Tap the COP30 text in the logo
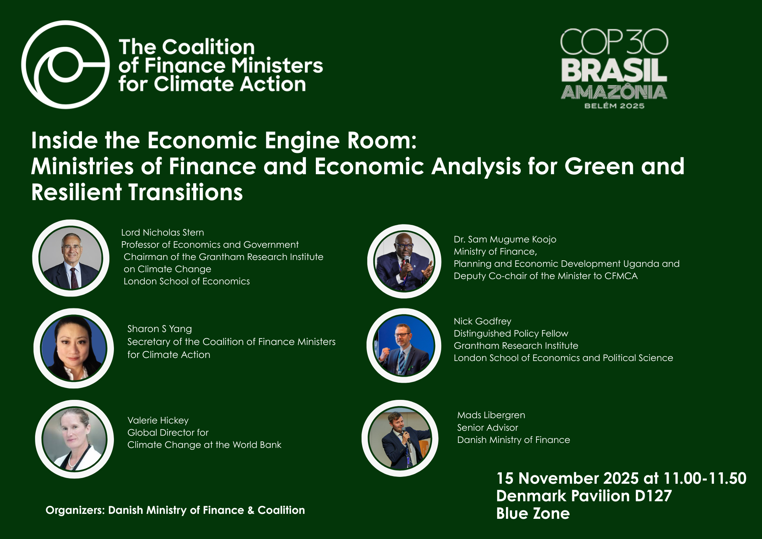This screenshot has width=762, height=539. pos(614,42)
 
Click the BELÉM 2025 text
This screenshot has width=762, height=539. pos(614,106)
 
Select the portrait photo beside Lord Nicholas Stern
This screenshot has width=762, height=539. pos(71,258)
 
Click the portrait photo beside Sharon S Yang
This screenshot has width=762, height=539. pos(74,348)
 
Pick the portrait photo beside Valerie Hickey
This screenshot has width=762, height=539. pos(74,439)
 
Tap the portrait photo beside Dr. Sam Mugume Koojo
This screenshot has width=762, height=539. pos(404,261)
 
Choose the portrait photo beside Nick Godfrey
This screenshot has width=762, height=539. pos(404,345)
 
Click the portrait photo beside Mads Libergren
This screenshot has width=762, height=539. pos(400,438)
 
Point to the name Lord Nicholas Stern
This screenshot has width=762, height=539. pos(163,233)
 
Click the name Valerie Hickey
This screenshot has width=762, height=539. pos(158,420)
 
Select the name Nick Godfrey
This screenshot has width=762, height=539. pos(482,321)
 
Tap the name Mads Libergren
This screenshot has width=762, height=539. pos(491,415)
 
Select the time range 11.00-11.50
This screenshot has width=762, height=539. pos(705,478)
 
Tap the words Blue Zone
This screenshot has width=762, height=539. pos(533,513)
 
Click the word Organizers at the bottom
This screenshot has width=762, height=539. pos(75,510)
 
